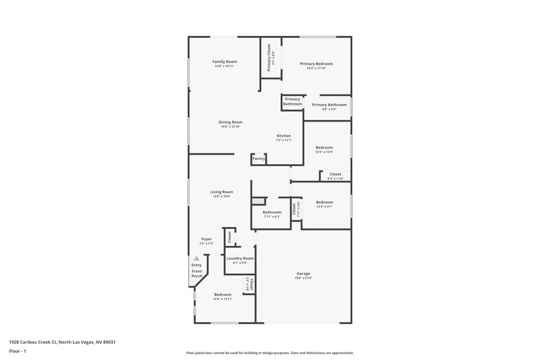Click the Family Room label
(225, 61)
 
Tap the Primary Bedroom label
(316, 63)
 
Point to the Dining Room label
(230, 122)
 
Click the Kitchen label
(283, 136)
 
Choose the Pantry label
(259, 159)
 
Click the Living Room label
(222, 192)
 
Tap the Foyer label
(207, 239)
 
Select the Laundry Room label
(240, 259)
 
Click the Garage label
(302, 274)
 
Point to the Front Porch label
(196, 274)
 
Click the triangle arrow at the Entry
(196, 258)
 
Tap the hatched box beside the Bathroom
(258, 201)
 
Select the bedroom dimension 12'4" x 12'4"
(325, 152)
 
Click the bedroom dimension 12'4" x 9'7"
(325, 206)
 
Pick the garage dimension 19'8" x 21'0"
(302, 278)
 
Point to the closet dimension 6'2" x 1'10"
(335, 178)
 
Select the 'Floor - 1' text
(18, 352)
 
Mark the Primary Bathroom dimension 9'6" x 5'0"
(329, 109)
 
